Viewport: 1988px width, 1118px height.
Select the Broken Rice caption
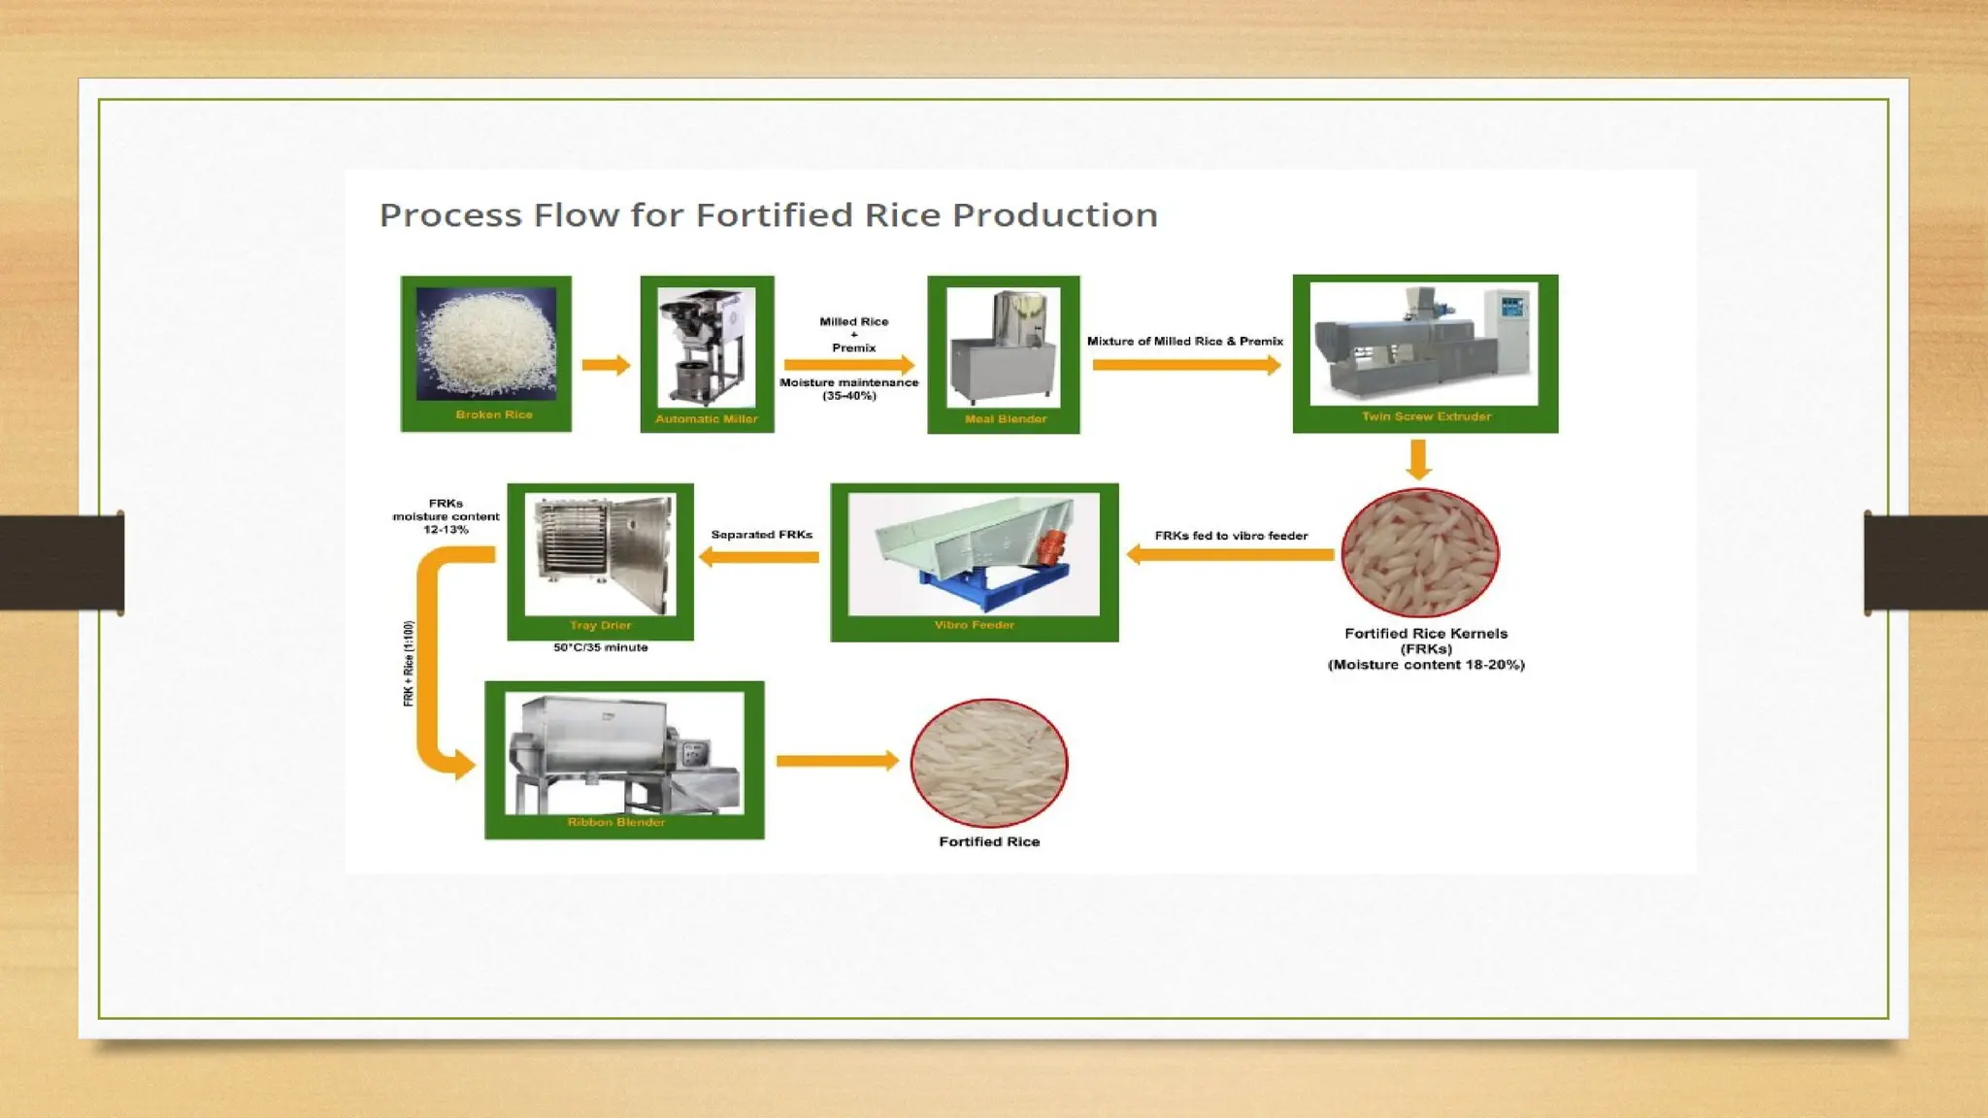pos(494,414)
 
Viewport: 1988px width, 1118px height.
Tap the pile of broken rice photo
pos(486,344)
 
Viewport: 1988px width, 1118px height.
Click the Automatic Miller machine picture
pos(706,346)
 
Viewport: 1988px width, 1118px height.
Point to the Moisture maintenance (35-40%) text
pos(848,388)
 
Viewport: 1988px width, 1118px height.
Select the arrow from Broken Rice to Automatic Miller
pos(606,365)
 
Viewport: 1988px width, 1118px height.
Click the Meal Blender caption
pos(1006,419)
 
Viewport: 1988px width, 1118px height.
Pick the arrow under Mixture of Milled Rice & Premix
pos(1185,365)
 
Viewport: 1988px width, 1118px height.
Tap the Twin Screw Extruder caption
pos(1425,416)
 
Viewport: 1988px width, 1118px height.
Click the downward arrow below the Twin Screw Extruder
pos(1418,459)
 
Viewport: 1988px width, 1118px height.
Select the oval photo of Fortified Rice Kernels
pos(1419,553)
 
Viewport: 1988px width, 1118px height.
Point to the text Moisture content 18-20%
pos(1426,665)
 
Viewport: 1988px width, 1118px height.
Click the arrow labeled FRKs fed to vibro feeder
pos(1230,554)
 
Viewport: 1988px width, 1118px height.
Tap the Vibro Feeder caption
pos(974,625)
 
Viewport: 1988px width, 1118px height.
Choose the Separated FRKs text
pos(761,535)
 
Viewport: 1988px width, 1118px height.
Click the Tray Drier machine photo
pos(600,554)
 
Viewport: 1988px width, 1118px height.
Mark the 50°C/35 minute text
pos(600,647)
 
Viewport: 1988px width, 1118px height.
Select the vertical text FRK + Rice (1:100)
pos(409,664)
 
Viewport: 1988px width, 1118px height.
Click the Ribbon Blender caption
pos(616,822)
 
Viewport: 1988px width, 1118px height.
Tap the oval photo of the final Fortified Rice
pos(989,763)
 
